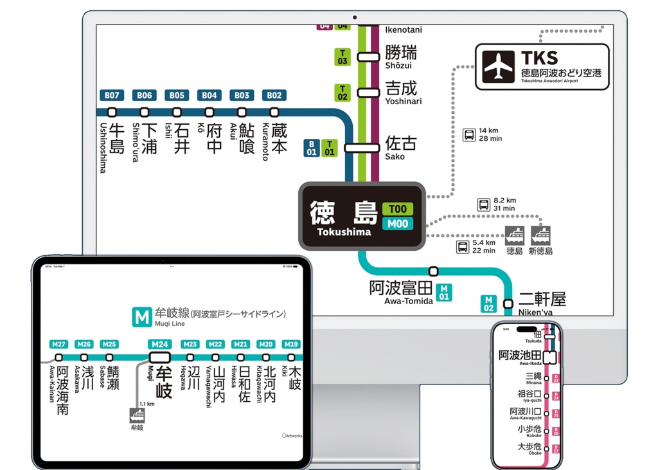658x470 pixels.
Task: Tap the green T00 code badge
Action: pos(398,210)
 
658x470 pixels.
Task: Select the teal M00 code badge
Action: pos(398,224)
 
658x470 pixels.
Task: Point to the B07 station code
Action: pos(112,95)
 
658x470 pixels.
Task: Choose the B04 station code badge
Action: pos(209,95)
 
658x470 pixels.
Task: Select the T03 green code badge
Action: pos(342,57)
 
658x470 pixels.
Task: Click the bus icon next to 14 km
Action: pos(470,135)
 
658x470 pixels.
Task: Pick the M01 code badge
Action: pos(443,292)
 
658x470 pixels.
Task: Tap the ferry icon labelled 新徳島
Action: pos(540,235)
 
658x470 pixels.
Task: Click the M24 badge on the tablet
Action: pos(160,344)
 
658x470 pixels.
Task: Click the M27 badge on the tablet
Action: pos(59,344)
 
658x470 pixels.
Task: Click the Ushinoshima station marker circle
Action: pos(112,113)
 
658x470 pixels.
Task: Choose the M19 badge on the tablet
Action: pos(292,344)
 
